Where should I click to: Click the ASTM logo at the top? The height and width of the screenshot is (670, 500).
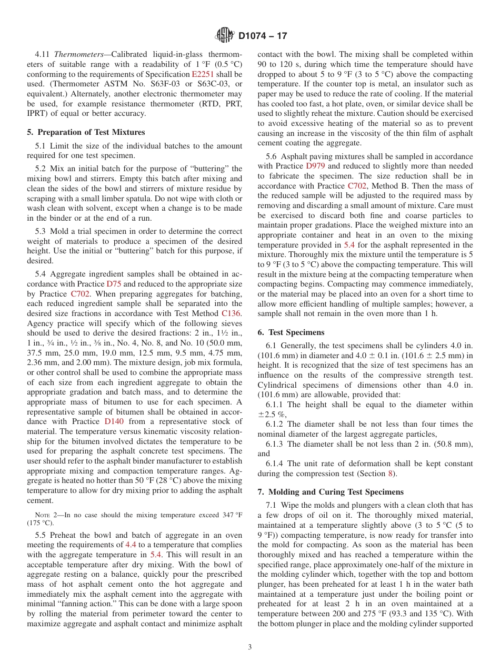point(225,36)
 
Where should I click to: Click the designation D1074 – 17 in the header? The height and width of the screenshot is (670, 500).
point(263,36)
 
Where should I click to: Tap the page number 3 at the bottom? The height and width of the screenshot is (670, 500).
point(250,647)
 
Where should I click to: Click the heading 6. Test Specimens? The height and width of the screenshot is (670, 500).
point(291,332)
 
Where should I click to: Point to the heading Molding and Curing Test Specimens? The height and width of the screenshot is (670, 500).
point(331,492)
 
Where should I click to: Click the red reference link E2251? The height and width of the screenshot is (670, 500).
point(202,74)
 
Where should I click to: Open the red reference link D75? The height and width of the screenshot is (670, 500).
point(114,283)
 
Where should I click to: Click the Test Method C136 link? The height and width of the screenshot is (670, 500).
point(232,313)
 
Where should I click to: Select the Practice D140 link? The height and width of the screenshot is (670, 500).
point(115,421)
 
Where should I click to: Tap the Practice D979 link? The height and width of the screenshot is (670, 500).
point(315,165)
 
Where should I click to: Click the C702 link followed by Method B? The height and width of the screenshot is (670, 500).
point(357,185)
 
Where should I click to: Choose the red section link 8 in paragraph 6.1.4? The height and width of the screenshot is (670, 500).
point(389,474)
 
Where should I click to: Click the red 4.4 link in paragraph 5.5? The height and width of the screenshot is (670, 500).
point(131,544)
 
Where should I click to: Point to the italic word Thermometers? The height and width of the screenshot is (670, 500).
point(74,54)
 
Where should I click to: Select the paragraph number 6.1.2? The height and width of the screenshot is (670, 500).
point(275,424)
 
